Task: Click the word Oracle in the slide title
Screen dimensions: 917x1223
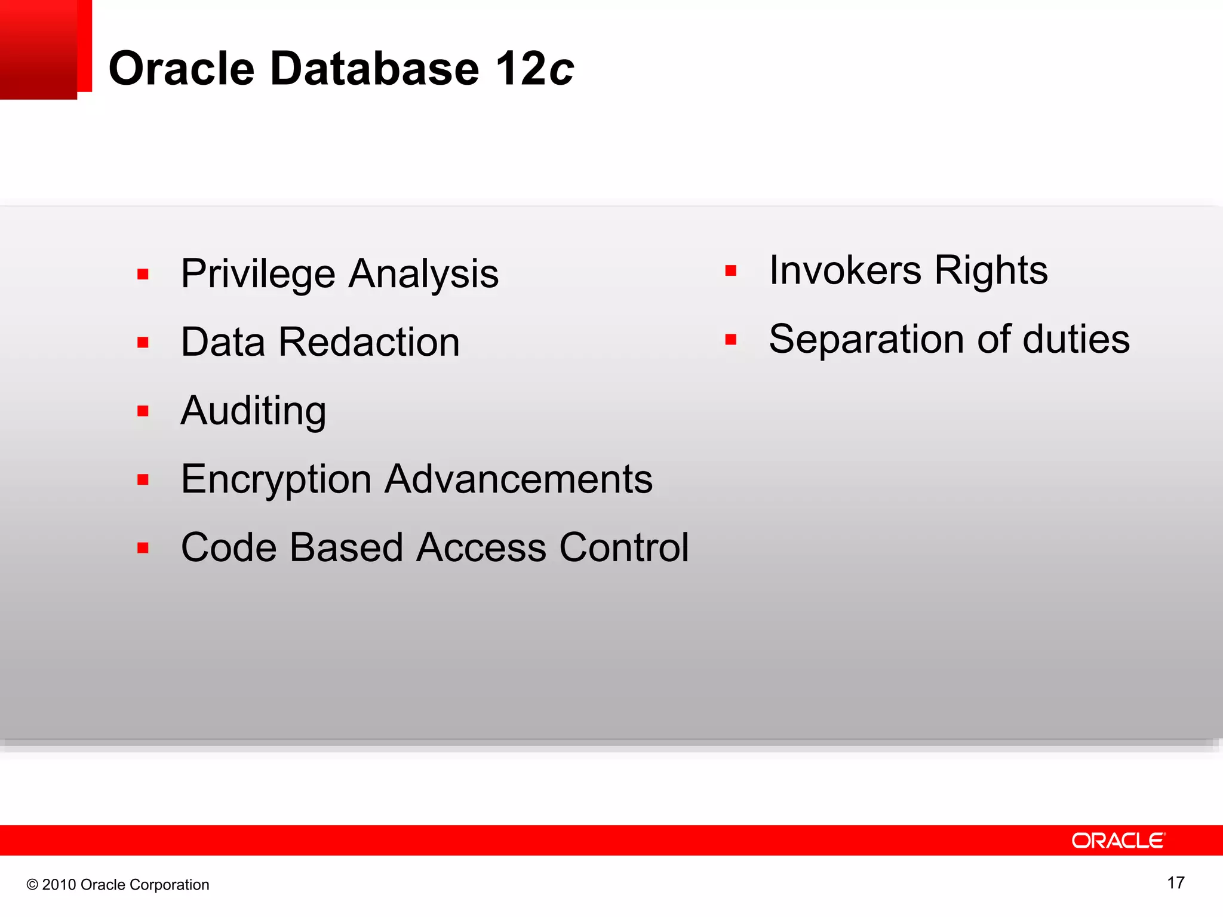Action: point(182,69)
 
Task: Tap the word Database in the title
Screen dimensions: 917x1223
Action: point(374,69)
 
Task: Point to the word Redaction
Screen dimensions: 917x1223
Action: point(369,343)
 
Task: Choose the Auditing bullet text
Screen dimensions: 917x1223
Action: point(253,411)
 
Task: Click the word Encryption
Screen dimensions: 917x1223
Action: point(276,479)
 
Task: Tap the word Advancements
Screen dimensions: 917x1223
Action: point(518,479)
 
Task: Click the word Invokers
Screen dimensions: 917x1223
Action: point(845,270)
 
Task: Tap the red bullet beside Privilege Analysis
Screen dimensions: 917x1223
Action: point(143,275)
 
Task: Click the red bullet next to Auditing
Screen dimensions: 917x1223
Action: point(143,411)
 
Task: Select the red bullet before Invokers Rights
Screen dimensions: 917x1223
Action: point(730,271)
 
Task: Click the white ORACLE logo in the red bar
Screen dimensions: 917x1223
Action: point(1118,841)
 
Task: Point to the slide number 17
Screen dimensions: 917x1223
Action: point(1175,883)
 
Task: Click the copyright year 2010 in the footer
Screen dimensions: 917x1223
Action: point(59,885)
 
